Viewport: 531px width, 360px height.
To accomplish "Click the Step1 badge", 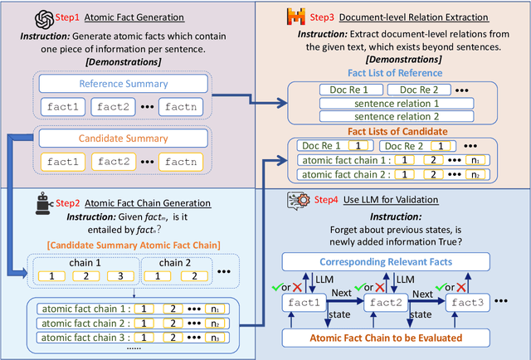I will pos(66,16).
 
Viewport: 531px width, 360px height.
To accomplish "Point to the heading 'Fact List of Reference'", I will pos(391,73).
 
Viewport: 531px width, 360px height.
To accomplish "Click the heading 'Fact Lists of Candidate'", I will pos(391,131).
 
